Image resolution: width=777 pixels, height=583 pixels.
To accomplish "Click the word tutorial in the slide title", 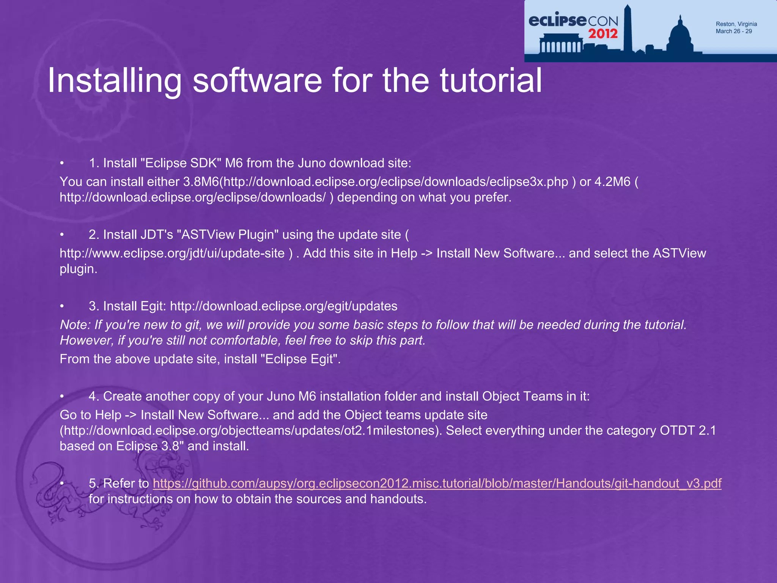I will click(x=491, y=81).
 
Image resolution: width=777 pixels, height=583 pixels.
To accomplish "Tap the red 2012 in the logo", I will click(x=603, y=34).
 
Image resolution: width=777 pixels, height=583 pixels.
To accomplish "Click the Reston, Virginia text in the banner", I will click(x=736, y=24).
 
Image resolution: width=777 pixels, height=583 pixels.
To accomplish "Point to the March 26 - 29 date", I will click(x=733, y=32).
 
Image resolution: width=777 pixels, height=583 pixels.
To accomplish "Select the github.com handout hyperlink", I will click(x=437, y=484).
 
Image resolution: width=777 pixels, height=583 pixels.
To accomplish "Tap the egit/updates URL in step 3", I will click(x=283, y=306).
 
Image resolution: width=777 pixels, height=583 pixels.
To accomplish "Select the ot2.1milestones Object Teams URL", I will click(x=251, y=431).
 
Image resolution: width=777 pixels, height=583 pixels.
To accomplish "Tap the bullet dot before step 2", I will click(x=62, y=235).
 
